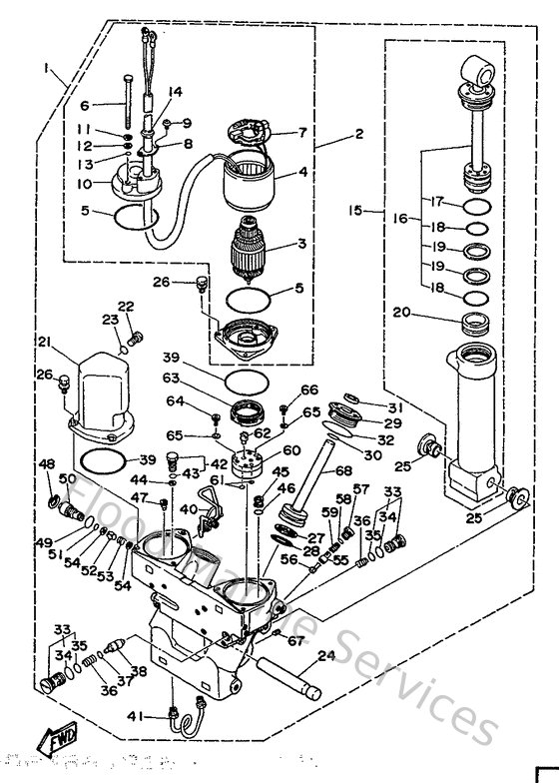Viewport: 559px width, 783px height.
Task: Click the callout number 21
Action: coord(44,343)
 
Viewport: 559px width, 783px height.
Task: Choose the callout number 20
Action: coord(402,314)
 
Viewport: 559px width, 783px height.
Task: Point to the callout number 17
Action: coord(436,201)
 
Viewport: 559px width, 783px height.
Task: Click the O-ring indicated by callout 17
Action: coord(478,206)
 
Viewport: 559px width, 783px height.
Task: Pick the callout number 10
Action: coord(85,184)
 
